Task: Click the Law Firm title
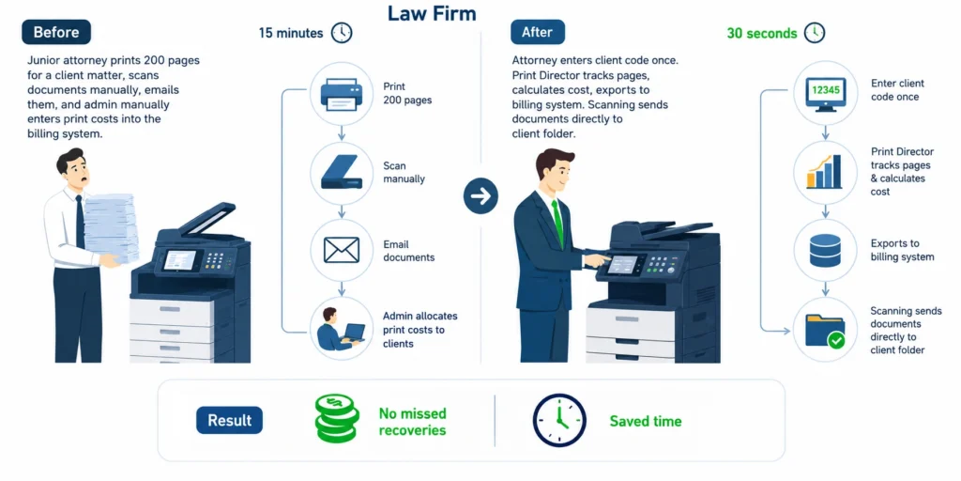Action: click(x=432, y=13)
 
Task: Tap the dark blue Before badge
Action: click(x=56, y=32)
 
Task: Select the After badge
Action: click(x=538, y=32)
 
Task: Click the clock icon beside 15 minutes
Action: click(x=342, y=33)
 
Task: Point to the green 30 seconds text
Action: click(x=762, y=33)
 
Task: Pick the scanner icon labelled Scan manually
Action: click(x=342, y=174)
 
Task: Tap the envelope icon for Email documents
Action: click(x=342, y=250)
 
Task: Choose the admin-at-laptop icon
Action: click(x=341, y=329)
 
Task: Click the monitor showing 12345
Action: click(x=825, y=93)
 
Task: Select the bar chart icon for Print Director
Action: click(x=824, y=172)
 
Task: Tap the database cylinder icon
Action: click(x=825, y=250)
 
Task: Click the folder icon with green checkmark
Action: click(x=825, y=331)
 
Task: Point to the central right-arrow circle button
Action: click(x=480, y=196)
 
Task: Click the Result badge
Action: click(x=229, y=420)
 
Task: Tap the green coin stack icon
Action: click(x=337, y=419)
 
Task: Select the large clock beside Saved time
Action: click(x=559, y=420)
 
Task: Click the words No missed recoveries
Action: click(x=412, y=422)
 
